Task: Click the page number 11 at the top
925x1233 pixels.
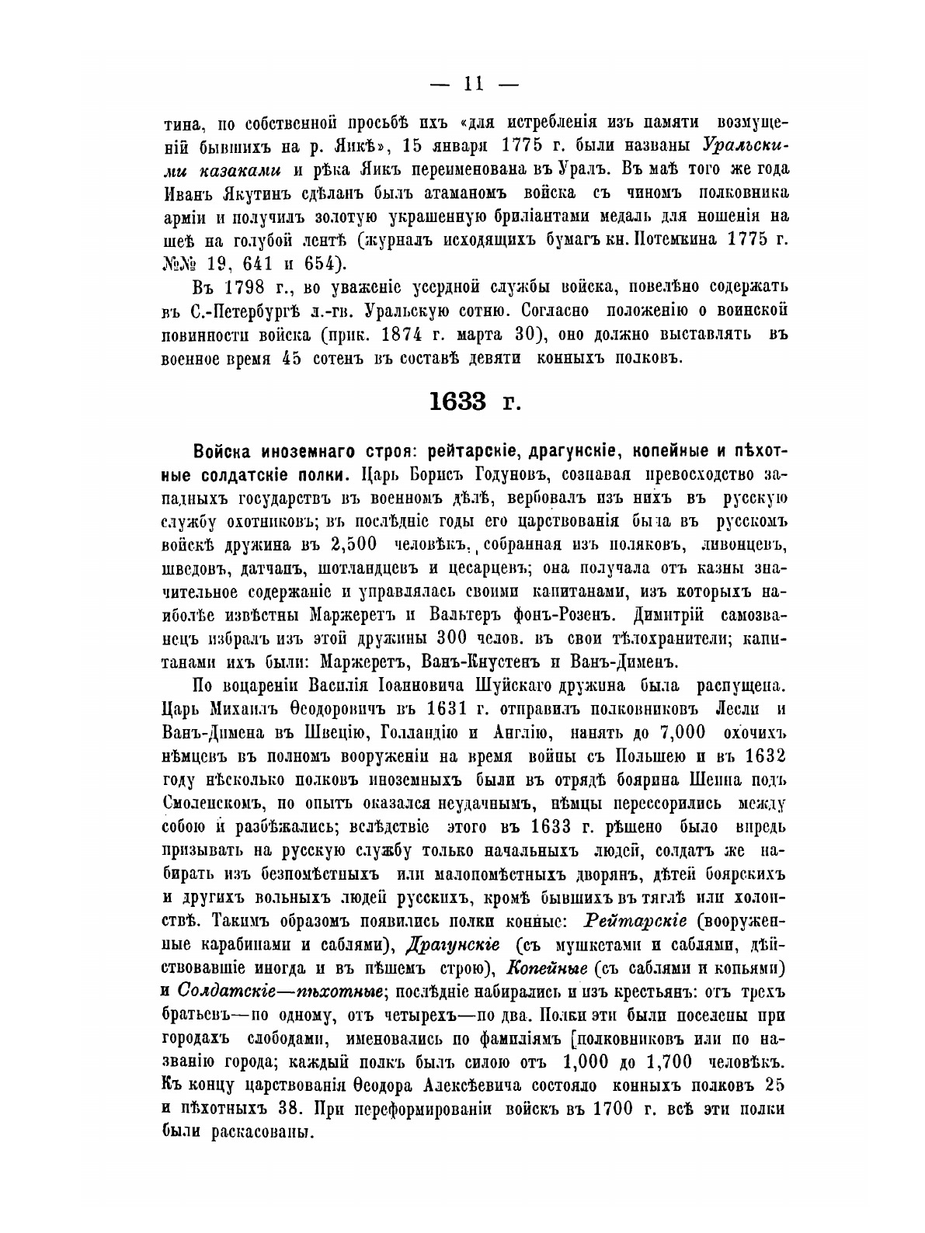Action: pos(462,82)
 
